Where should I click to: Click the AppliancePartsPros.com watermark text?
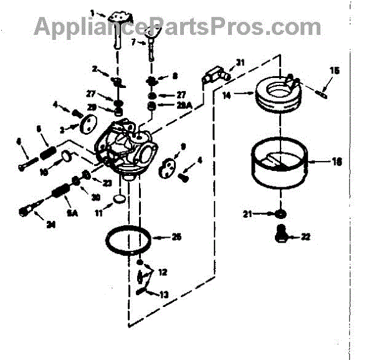(178, 26)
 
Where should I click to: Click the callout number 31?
(241, 62)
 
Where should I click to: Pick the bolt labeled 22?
(281, 235)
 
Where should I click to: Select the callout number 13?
(163, 294)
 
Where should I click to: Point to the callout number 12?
(163, 273)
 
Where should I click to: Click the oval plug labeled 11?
(118, 199)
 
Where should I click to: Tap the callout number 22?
(305, 236)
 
